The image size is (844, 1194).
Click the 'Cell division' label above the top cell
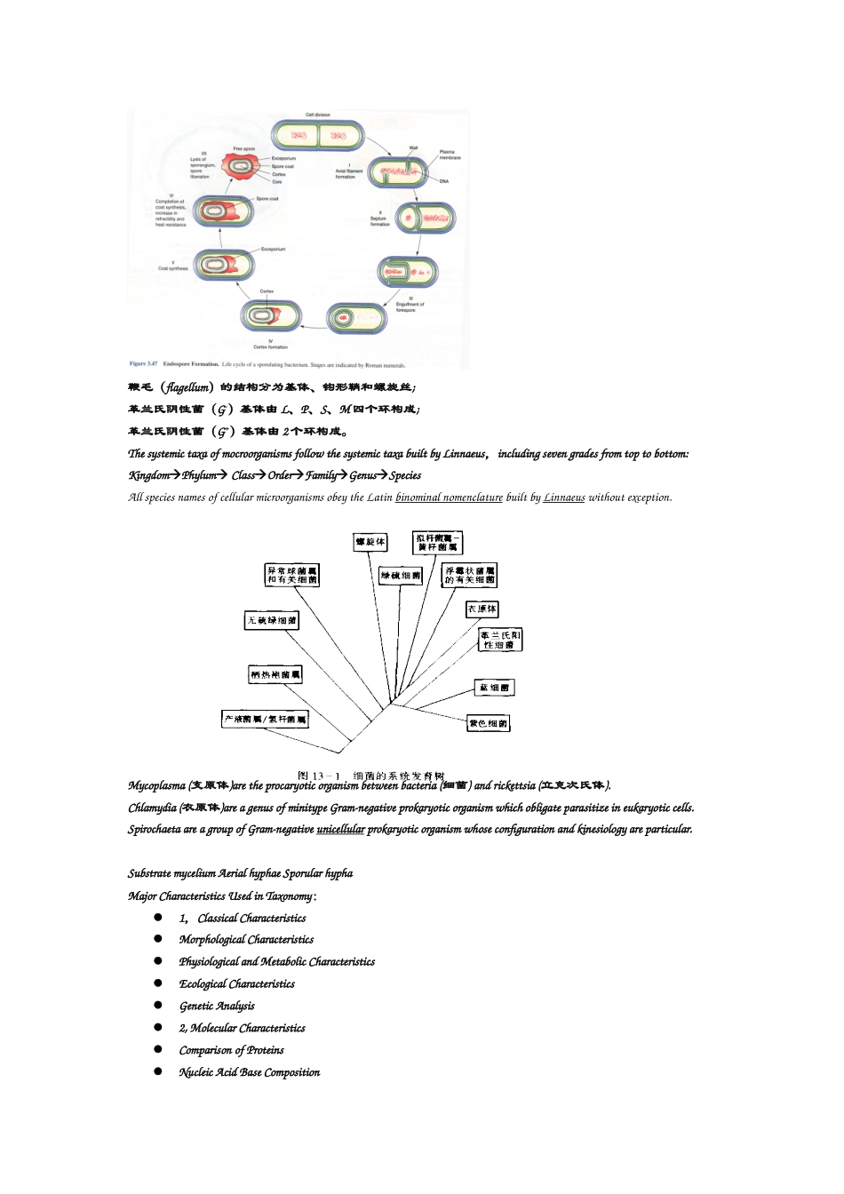pyautogui.click(x=317, y=115)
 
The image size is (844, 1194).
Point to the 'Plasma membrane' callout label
pyautogui.click(x=450, y=155)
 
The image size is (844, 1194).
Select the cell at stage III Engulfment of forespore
pyautogui.click(x=407, y=272)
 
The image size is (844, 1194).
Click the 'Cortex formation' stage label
pyautogui.click(x=270, y=346)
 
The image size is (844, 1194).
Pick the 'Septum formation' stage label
pyautogui.click(x=379, y=221)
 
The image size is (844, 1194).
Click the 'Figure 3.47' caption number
pyautogui.click(x=143, y=363)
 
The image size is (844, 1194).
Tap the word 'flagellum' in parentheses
pyautogui.click(x=187, y=387)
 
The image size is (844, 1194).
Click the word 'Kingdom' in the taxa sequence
pyautogui.click(x=148, y=475)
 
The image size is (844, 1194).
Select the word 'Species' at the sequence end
pyautogui.click(x=405, y=475)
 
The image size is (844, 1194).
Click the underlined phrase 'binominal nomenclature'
pyautogui.click(x=449, y=497)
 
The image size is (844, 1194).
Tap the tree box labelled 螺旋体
pyautogui.click(x=370, y=541)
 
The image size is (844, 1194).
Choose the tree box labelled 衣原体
pyautogui.click(x=482, y=609)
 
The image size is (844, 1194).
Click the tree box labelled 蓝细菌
pyautogui.click(x=494, y=688)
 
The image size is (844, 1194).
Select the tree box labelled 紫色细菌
pyautogui.click(x=489, y=723)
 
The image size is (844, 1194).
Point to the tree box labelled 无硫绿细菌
pyautogui.click(x=272, y=620)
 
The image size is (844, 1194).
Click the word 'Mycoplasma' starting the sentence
pyautogui.click(x=156, y=785)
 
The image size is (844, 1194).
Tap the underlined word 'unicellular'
pyautogui.click(x=340, y=830)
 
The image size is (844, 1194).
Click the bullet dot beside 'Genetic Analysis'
pyautogui.click(x=158, y=1006)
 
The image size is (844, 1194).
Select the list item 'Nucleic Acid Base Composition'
pyautogui.click(x=249, y=1072)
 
